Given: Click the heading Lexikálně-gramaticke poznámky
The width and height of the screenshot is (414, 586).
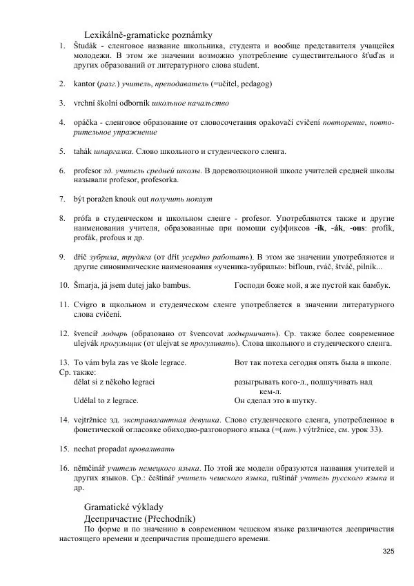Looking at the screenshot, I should coord(148,34).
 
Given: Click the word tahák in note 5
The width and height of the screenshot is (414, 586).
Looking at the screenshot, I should coord(83,150).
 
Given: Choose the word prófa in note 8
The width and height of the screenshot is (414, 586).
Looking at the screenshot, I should coord(83,217).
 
